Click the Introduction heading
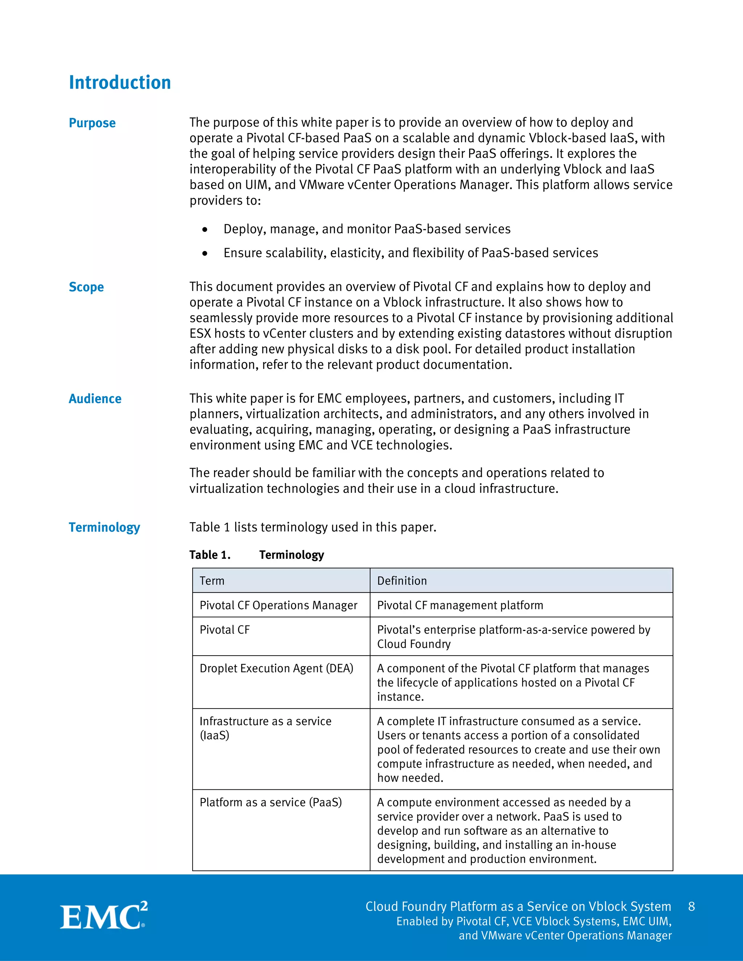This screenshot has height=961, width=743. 120,83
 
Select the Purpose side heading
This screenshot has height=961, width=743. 92,123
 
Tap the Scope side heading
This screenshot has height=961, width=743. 86,287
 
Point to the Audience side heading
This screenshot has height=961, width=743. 95,399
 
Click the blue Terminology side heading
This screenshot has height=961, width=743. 104,527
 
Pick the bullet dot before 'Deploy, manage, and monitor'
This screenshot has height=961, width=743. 205,230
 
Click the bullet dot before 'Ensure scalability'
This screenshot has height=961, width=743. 205,253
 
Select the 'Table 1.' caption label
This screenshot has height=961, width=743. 210,555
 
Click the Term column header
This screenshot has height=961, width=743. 212,581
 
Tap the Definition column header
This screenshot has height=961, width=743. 402,581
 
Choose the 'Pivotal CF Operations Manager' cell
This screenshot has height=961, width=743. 278,606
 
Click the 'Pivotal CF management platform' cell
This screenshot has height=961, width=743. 460,606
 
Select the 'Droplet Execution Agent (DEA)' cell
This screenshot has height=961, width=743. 276,668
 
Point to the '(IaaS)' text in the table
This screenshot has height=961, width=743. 214,735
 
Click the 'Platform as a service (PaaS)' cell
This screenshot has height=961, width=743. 271,802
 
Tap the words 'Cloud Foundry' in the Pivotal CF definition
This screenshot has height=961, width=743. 414,644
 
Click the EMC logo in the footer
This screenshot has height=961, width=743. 103,916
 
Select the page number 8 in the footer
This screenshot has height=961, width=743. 691,907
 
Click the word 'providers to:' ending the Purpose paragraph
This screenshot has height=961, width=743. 225,201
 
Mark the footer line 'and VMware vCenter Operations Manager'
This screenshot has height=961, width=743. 565,936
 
